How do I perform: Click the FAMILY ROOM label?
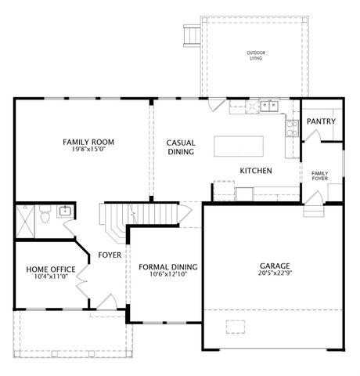click(x=88, y=142)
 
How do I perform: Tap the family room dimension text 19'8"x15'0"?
click(x=88, y=150)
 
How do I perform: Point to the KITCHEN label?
click(x=255, y=170)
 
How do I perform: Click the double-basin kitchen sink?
click(x=269, y=105)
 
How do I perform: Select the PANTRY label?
click(x=321, y=121)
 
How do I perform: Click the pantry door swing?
click(x=311, y=138)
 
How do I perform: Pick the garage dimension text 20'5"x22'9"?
click(x=274, y=273)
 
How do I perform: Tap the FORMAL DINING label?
click(x=167, y=267)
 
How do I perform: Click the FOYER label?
click(x=109, y=255)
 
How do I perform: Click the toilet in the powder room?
click(x=45, y=213)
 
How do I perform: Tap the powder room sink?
click(x=64, y=209)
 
